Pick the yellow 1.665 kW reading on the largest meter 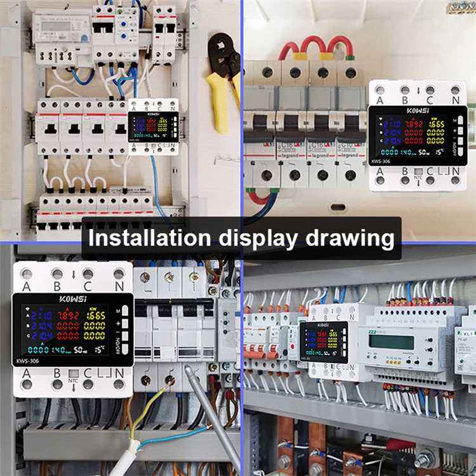pos(96,315)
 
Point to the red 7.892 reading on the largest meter pos(69,315)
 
